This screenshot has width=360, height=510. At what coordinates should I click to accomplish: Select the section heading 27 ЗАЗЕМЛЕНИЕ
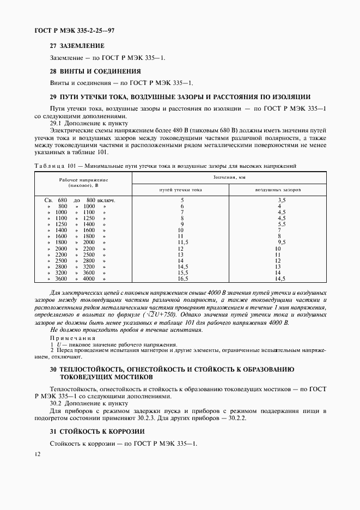point(77,46)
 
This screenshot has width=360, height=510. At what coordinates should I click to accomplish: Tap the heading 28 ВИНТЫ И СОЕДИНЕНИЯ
point(95,71)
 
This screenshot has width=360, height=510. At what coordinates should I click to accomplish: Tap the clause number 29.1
point(57,123)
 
